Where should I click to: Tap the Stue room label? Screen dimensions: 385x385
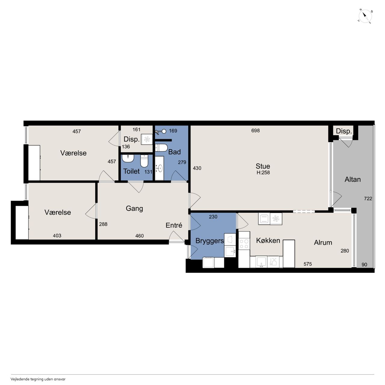point(263,166)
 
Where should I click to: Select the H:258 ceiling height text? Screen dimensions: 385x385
point(263,173)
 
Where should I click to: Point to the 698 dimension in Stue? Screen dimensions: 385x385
point(255,131)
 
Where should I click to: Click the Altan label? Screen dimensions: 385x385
point(353,179)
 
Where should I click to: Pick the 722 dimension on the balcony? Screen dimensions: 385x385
point(368,199)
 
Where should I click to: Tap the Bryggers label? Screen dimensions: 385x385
point(210,241)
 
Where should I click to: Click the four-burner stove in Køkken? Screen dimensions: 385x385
point(244,243)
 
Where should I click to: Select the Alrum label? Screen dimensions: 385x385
point(323,242)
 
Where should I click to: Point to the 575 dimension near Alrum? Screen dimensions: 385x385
point(307,264)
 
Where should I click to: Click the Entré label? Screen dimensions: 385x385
point(174,225)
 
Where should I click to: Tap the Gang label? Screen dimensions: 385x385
point(134,208)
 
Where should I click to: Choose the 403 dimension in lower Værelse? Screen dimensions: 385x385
point(57,236)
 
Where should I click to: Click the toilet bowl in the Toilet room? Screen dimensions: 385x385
point(144,161)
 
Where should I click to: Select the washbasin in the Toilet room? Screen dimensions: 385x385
point(128,159)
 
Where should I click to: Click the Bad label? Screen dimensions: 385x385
point(174,152)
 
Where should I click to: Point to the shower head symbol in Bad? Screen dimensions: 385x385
point(161,131)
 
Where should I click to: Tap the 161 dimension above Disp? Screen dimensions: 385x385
point(137,130)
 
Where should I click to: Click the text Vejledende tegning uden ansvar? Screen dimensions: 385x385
point(38,379)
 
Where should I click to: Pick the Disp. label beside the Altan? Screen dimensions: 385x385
point(344,131)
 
